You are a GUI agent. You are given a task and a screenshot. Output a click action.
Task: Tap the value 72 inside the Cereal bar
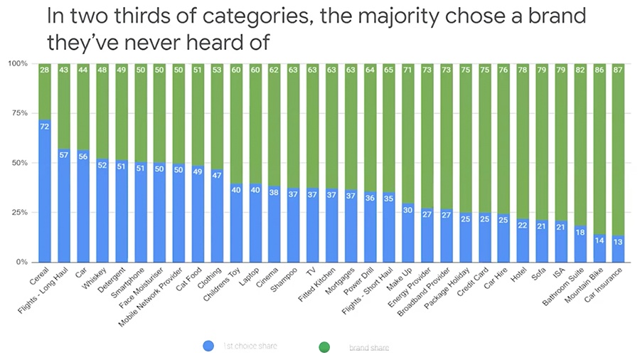coord(44,127)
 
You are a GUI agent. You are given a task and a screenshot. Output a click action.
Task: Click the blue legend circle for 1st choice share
coord(208,346)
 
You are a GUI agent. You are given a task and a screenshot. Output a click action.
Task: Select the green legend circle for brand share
coord(325,346)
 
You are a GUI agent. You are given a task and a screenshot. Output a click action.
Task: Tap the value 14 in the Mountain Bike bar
coord(598,241)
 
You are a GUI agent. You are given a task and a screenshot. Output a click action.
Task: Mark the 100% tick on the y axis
coord(18,64)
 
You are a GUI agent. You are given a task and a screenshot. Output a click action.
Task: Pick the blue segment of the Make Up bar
coord(408,235)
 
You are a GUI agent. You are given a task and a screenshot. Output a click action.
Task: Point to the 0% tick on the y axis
coord(21,263)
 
